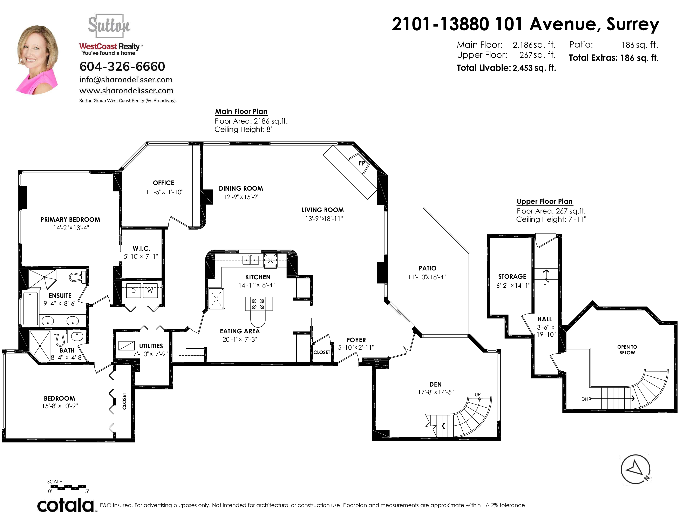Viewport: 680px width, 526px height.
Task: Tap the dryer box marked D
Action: click(134, 291)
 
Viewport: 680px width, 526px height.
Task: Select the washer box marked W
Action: click(150, 291)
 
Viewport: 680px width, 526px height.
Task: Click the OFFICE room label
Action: click(163, 183)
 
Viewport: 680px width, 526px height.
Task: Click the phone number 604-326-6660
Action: click(122, 66)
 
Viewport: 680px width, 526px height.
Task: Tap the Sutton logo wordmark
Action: click(109, 25)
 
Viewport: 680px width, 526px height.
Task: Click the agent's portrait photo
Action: click(37, 60)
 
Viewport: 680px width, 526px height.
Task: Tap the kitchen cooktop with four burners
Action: click(258, 304)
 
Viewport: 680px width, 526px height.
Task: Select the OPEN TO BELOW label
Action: click(627, 350)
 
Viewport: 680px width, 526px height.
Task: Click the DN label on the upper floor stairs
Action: click(584, 399)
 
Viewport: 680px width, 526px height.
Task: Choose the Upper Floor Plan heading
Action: click(545, 201)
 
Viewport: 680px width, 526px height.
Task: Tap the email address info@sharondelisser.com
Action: click(126, 80)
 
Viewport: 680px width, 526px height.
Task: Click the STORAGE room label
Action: click(512, 276)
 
